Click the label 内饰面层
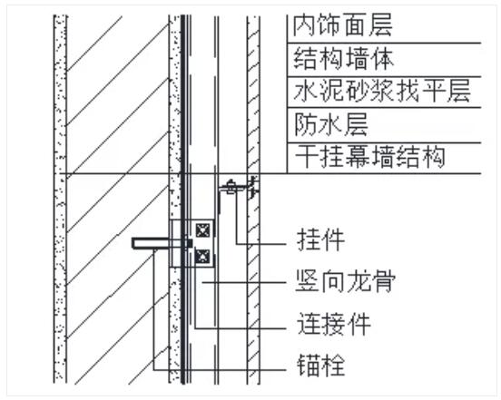[x=342, y=25]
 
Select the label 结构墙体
[x=343, y=59]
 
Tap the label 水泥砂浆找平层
[x=382, y=91]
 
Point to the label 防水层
[x=330, y=124]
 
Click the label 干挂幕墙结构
[x=369, y=156]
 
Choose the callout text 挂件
[x=320, y=239]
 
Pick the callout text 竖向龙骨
[x=346, y=280]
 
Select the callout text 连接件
[x=334, y=324]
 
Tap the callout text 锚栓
[x=320, y=365]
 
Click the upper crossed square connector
[x=203, y=230]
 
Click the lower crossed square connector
[x=202, y=256]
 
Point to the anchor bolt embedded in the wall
[x=162, y=243]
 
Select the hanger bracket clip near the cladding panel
[x=238, y=188]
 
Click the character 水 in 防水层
[x=330, y=124]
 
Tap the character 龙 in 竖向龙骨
[x=359, y=280]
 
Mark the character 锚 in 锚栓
[x=309, y=365]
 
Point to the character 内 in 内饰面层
[x=304, y=25]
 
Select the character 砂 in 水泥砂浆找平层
[x=357, y=91]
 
